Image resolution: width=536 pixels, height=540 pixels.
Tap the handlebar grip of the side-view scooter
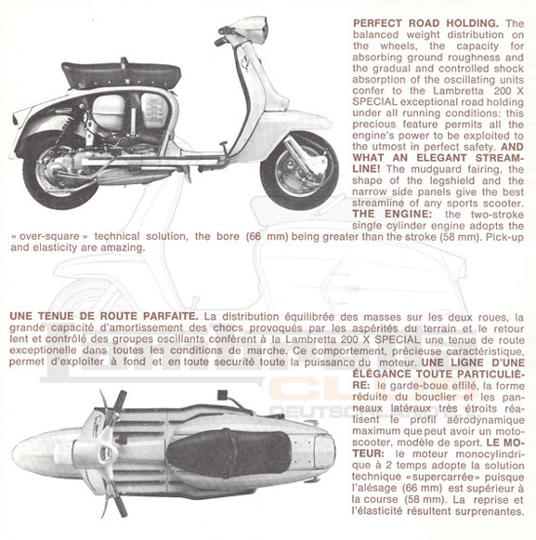coord(222,40)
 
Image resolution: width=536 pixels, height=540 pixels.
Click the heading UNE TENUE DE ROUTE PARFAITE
coord(102,316)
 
